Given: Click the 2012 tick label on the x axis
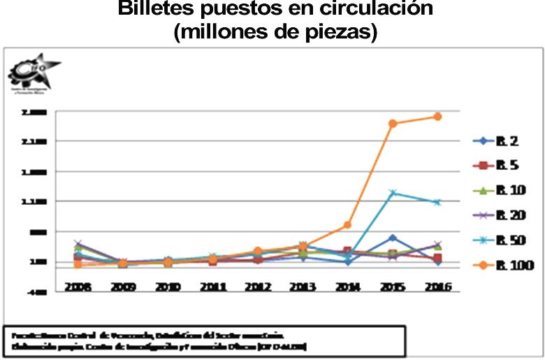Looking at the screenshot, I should [257, 287].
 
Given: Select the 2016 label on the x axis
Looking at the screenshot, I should [437, 287].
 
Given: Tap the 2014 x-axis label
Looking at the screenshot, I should [347, 287].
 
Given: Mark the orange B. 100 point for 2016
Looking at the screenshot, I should [437, 117].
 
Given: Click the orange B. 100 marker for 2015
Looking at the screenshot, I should [393, 124].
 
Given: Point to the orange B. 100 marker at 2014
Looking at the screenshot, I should [347, 225].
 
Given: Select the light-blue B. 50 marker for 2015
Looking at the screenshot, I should [393, 193].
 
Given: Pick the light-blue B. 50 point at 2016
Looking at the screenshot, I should [437, 202].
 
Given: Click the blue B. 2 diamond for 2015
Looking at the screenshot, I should [393, 238].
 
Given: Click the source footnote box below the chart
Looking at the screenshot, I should [203, 341].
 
